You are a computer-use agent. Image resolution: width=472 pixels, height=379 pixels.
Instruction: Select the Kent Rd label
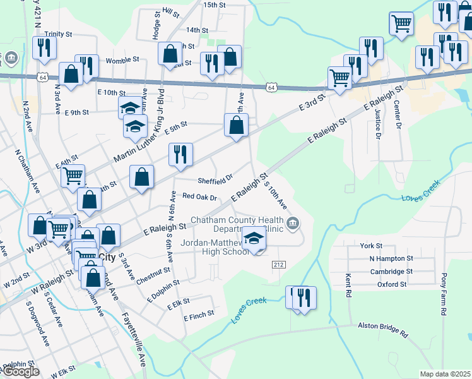348,286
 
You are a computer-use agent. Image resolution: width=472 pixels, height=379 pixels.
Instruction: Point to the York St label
371,246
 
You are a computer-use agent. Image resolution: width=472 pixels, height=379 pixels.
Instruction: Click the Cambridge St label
391,272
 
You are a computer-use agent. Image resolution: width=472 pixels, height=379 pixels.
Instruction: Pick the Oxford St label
392,284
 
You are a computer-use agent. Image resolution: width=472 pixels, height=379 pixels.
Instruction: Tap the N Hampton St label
391,258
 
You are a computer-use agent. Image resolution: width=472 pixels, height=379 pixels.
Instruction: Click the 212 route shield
278,263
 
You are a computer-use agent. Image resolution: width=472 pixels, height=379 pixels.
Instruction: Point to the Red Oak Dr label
199,197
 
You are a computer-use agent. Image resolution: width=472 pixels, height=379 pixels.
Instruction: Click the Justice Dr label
377,123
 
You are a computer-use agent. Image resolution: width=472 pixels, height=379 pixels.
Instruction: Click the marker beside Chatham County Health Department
293,223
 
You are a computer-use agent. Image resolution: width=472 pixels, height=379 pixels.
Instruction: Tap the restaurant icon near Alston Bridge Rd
304,297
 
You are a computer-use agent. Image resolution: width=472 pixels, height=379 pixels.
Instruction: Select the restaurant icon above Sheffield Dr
180,153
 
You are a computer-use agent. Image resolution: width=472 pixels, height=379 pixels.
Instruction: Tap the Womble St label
122,59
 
